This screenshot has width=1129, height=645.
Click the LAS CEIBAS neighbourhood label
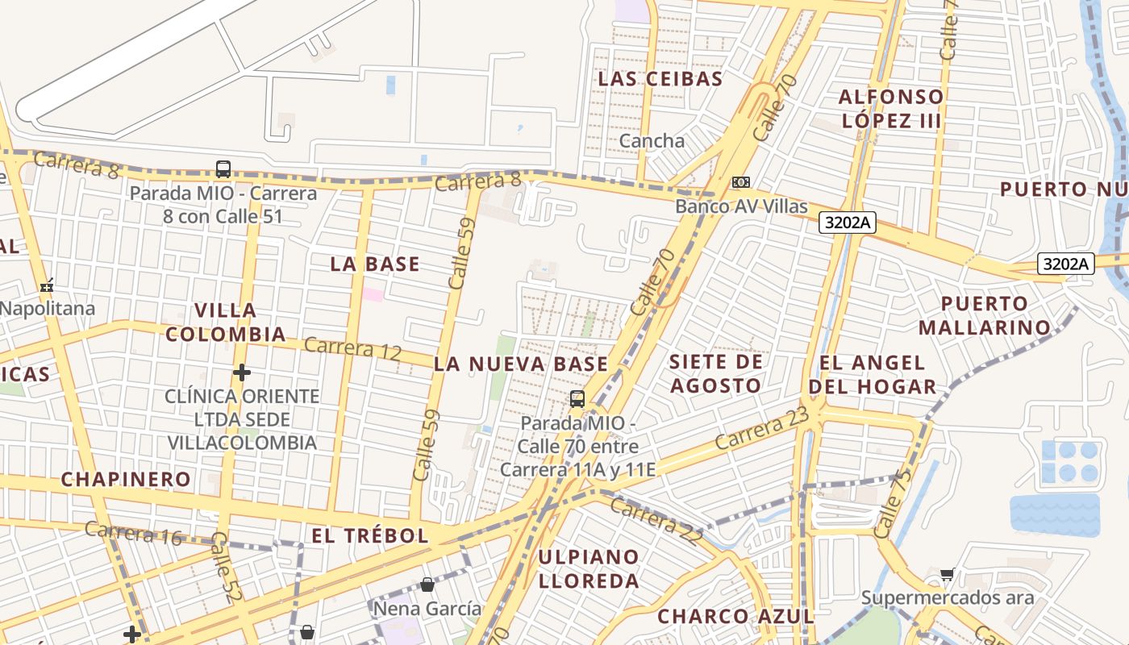click(x=660, y=79)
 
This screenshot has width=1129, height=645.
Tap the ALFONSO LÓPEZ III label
click(x=890, y=109)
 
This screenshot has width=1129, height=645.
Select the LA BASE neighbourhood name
click(x=375, y=264)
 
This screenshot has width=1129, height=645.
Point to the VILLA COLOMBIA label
click(x=226, y=322)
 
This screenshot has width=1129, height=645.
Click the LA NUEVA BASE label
click(x=521, y=364)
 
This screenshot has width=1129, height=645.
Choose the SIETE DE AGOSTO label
click(x=715, y=373)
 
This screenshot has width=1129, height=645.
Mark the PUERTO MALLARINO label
click(x=985, y=315)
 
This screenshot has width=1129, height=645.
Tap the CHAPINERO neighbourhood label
click(x=126, y=479)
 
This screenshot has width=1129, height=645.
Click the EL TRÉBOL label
click(x=369, y=535)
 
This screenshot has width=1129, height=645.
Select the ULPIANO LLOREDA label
click(x=589, y=568)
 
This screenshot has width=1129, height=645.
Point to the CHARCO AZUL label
click(x=735, y=617)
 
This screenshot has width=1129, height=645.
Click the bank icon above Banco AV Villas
click(x=740, y=182)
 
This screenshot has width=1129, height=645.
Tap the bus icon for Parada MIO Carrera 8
click(x=223, y=169)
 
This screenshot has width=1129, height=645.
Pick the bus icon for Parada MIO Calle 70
click(x=577, y=398)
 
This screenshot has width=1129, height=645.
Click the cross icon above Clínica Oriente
click(x=241, y=372)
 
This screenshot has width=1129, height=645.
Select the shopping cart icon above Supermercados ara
click(x=947, y=574)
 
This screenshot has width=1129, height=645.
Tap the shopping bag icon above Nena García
click(x=427, y=584)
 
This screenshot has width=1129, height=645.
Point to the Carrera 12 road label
click(x=352, y=347)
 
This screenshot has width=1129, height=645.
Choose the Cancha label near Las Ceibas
click(x=652, y=141)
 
